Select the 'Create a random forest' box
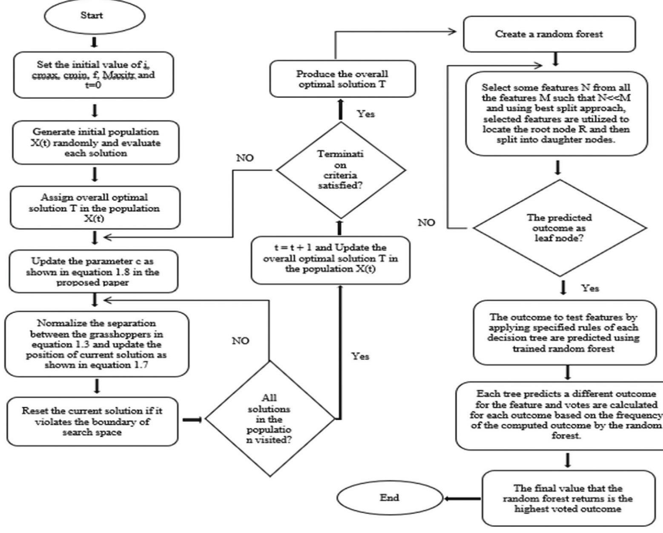point(549,34)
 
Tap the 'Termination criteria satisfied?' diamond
point(341,170)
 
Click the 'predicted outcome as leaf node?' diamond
point(559,228)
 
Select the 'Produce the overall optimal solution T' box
point(342,79)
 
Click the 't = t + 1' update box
point(330,259)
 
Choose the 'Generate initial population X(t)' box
point(95,143)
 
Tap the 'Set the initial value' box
point(94,75)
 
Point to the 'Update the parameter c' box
point(93,271)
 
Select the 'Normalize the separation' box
point(96,344)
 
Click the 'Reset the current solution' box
point(92,421)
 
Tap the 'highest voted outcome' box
point(568,498)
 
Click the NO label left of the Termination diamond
point(245,158)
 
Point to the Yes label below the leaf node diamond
point(590,288)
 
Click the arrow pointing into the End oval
point(462,498)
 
